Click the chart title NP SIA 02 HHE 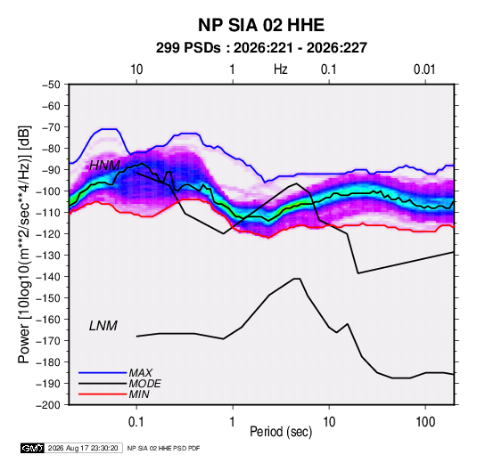261,25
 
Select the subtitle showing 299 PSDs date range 261,48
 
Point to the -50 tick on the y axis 51,85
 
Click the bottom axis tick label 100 425,422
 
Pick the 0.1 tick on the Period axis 136,422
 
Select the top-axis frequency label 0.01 424,69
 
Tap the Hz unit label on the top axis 281,69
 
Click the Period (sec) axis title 281,432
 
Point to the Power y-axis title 24,244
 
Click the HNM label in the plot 104,166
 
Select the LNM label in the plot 103,326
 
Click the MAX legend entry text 140,373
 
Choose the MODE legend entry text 144,384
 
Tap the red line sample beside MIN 103,394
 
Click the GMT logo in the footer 33,448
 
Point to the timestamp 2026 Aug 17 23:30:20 83,448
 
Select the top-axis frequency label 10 136,69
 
